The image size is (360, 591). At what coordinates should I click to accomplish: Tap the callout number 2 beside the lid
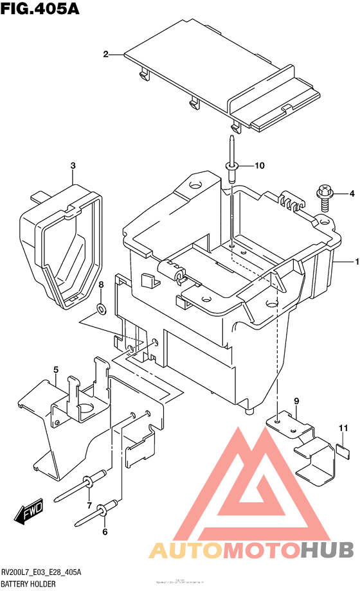tap(105, 55)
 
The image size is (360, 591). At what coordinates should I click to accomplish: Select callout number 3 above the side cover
tap(73, 166)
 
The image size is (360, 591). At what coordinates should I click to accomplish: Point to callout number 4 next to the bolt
tap(352, 193)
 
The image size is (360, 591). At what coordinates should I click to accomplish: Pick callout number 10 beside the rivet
tap(259, 166)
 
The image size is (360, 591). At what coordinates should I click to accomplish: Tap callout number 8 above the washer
tap(101, 285)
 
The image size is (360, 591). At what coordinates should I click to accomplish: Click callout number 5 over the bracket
tap(56, 369)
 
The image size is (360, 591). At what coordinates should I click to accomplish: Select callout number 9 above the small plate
tap(296, 401)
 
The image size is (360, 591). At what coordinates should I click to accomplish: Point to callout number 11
tap(343, 428)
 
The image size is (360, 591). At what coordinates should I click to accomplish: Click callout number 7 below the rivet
tap(89, 505)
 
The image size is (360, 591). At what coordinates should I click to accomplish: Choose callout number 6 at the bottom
tap(105, 531)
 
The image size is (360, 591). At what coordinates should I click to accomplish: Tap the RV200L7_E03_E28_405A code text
tap(42, 572)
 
